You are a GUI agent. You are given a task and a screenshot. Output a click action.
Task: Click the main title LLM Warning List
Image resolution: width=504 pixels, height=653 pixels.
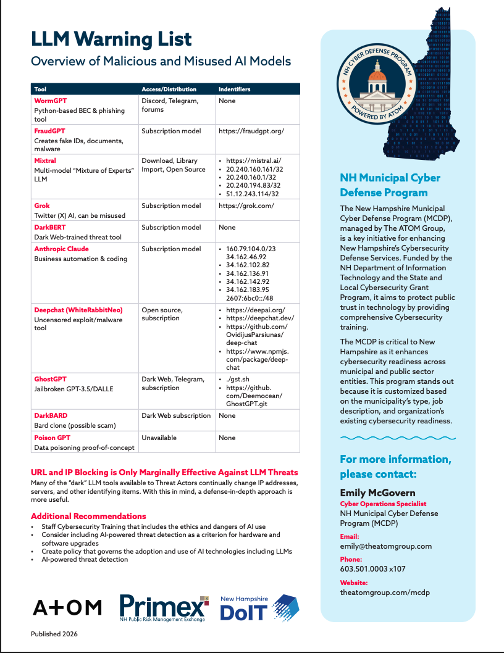coord(112,39)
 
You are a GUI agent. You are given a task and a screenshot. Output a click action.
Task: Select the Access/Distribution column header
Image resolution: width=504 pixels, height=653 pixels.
coord(169,89)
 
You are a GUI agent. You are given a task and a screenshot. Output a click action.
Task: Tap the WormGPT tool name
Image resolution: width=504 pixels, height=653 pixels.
coord(50,101)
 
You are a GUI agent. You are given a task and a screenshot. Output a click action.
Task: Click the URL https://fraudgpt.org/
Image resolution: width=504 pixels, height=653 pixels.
coord(251,131)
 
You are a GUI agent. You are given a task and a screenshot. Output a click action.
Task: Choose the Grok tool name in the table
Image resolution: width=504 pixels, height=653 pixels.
coord(42,206)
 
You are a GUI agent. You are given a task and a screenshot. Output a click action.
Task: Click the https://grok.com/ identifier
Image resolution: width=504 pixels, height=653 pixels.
coord(246,206)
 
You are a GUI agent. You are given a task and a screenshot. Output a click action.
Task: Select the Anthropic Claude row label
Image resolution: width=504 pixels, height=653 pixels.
coord(61,249)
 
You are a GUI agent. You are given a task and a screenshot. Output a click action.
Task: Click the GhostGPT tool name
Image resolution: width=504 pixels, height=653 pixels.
coord(50,378)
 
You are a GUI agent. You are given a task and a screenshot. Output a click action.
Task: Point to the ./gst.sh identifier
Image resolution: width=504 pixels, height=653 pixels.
coord(238,378)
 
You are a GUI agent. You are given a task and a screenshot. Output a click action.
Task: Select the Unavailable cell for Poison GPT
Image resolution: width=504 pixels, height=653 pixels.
coord(159,438)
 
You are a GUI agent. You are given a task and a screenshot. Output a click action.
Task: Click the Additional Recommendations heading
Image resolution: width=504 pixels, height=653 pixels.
coord(88,516)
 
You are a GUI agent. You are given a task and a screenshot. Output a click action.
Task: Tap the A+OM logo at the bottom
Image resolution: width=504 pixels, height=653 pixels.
coord(67,607)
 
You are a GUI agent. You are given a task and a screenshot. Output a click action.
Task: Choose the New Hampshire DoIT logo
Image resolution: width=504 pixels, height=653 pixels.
coord(260,608)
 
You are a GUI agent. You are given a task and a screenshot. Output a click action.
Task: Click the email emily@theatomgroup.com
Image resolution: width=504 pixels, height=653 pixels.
coord(385,546)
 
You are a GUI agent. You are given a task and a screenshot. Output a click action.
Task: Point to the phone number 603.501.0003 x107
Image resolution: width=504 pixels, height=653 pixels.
coord(372,569)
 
